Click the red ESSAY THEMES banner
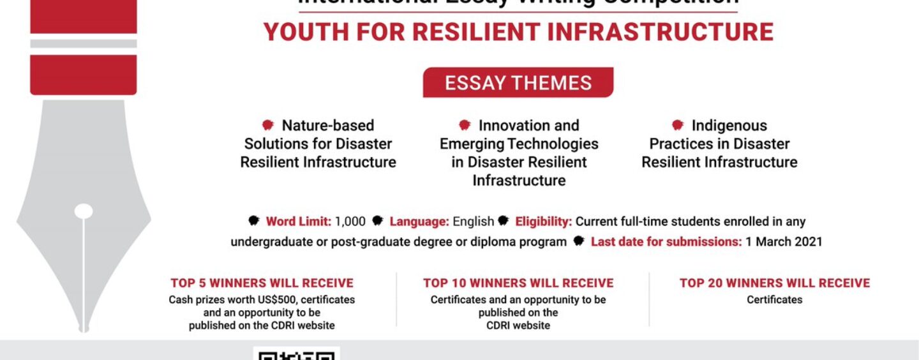pyautogui.click(x=518, y=83)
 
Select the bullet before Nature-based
pyautogui.click(x=268, y=125)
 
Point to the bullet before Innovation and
pyautogui.click(x=465, y=125)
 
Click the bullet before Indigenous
pyautogui.click(x=678, y=125)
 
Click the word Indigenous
pyautogui.click(x=729, y=126)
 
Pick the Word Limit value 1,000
pyautogui.click(x=350, y=222)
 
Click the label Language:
pyautogui.click(x=419, y=222)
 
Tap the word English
pyautogui.click(x=473, y=222)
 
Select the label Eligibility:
pyautogui.click(x=543, y=222)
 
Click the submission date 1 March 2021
pyautogui.click(x=784, y=242)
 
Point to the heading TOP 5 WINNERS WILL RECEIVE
pyautogui.click(x=262, y=283)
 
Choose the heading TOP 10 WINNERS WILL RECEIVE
pyautogui.click(x=518, y=283)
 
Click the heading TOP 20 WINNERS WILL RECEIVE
pyautogui.click(x=774, y=283)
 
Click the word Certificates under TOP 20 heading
pyautogui.click(x=774, y=299)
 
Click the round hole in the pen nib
pyautogui.click(x=84, y=211)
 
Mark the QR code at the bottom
pyautogui.click(x=297, y=353)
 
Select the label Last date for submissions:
pyautogui.click(x=666, y=242)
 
